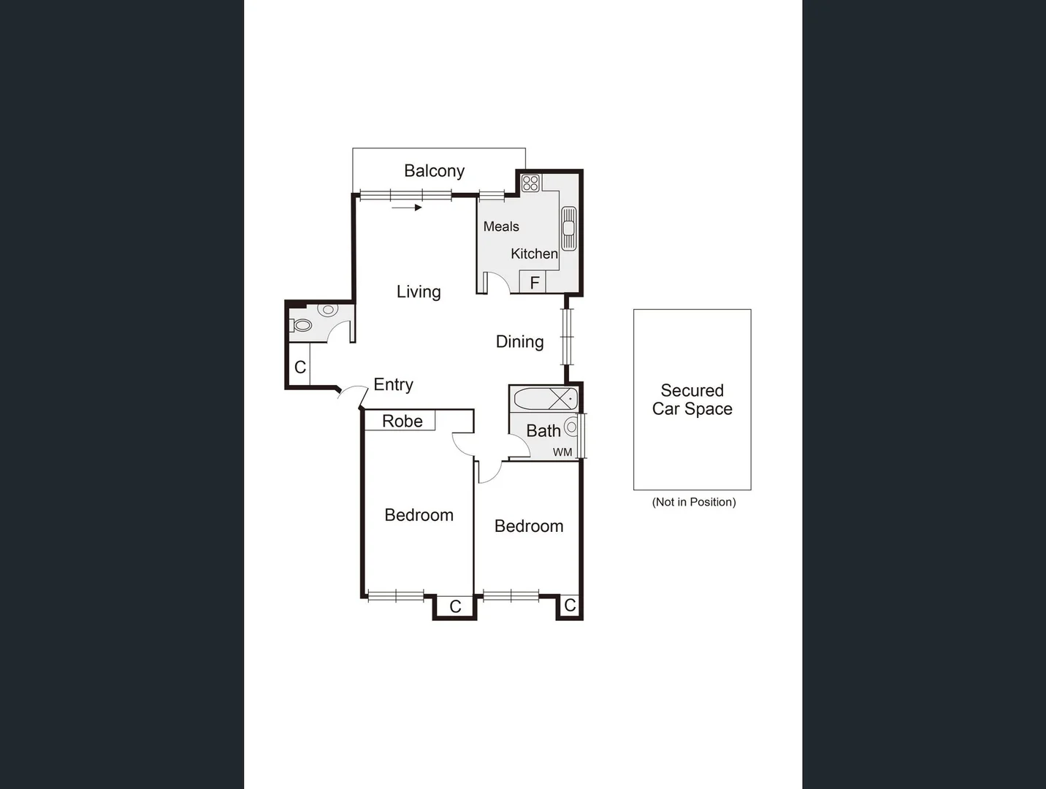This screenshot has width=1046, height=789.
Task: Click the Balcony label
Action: [434, 171]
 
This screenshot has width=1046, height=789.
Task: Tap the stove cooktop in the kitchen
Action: [531, 183]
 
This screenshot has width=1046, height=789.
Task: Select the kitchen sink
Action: [568, 228]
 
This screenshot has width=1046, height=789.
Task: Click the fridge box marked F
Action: [534, 282]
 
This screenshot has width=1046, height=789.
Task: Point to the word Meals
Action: [501, 226]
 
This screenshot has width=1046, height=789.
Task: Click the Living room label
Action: [419, 291]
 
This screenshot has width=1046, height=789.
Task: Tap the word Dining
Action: [519, 341]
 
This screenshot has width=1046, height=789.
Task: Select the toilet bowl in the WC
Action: [302, 325]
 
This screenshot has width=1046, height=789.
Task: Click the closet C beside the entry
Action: [300, 367]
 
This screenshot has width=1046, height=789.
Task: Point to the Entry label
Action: [393, 384]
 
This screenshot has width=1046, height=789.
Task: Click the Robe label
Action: [402, 421]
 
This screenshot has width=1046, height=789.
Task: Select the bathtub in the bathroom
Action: [545, 399]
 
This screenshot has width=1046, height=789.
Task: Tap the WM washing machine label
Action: [562, 452]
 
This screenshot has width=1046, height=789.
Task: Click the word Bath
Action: [543, 431]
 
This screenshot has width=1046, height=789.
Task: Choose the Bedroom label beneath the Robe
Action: [419, 515]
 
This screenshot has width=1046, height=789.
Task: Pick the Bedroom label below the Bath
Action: [529, 526]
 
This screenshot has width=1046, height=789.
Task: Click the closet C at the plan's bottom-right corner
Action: [570, 606]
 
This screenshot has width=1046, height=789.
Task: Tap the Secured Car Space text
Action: [692, 400]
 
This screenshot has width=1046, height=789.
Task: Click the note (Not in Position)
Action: [693, 502]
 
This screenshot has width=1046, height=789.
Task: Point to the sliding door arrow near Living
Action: [407, 207]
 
